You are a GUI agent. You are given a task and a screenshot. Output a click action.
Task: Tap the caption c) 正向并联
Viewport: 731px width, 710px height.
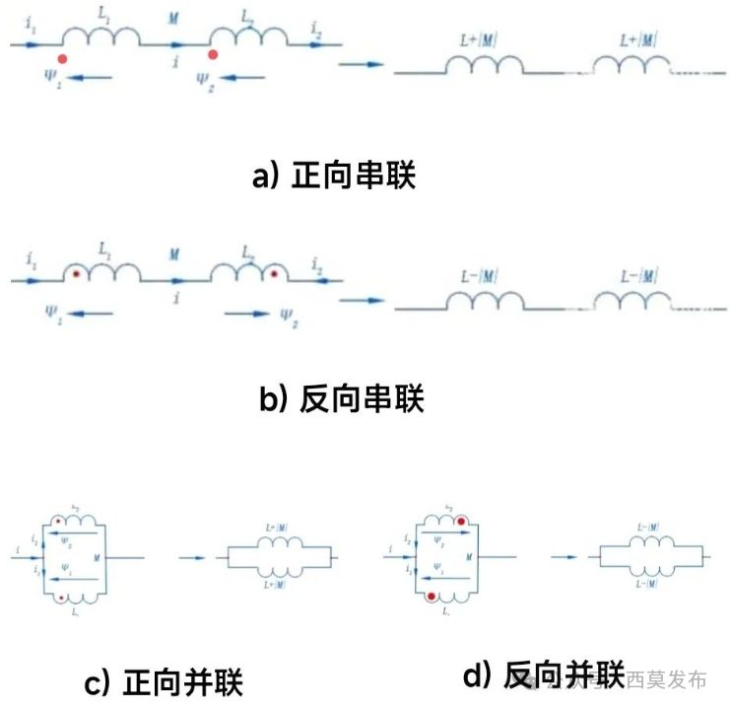[164, 682]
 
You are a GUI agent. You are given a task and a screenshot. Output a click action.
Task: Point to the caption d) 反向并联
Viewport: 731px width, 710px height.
[543, 675]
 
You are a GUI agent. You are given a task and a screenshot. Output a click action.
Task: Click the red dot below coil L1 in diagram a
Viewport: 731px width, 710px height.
[63, 59]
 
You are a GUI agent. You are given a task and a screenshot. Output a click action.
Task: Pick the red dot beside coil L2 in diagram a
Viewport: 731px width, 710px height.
[213, 54]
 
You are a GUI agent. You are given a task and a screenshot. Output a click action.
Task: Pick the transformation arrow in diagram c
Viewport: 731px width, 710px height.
[193, 557]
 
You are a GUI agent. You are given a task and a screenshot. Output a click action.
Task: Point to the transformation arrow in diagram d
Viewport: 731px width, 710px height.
[565, 557]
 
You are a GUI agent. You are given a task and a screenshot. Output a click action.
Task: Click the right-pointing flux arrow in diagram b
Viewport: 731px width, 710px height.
[246, 315]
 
